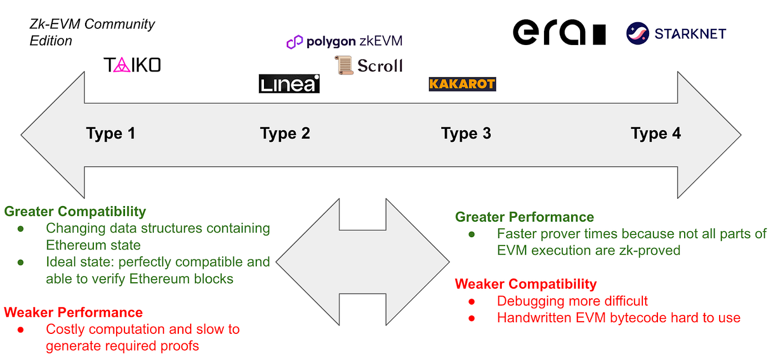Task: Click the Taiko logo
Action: (132, 66)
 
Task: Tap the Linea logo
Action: (289, 84)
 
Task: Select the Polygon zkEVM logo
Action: (344, 42)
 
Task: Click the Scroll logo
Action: (368, 66)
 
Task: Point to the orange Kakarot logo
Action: (462, 84)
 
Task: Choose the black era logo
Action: (558, 33)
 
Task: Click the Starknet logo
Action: (676, 33)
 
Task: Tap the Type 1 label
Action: (111, 134)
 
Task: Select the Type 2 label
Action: (285, 134)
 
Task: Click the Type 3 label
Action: (466, 134)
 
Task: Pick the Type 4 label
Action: (656, 134)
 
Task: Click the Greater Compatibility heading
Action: (75, 212)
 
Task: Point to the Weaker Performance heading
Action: (73, 312)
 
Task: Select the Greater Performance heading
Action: (525, 217)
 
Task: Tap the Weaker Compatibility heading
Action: (526, 284)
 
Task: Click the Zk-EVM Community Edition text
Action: (92, 32)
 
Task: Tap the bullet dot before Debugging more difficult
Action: (472, 302)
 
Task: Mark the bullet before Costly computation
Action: (21, 330)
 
